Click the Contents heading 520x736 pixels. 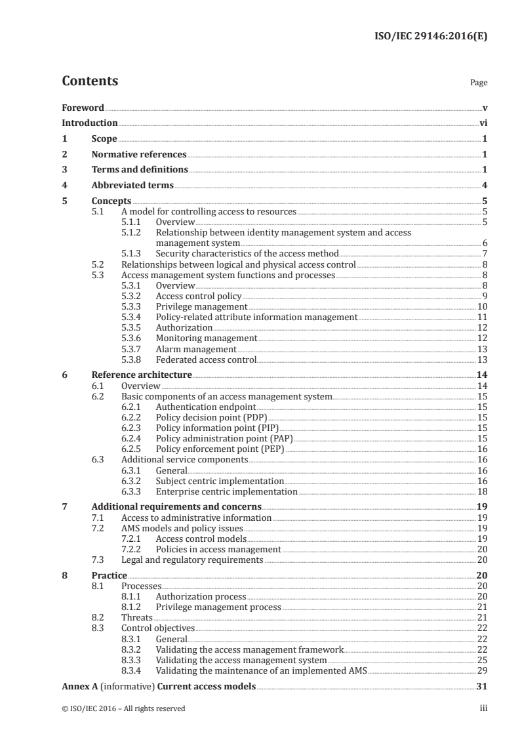coord(90,81)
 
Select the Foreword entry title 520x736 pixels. coord(83,107)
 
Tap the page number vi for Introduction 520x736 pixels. coord(483,123)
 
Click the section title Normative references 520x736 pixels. coord(139,155)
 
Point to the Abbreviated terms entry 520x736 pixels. coord(132,186)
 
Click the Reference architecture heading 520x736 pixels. coord(142,375)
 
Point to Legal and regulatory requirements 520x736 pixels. coord(193,560)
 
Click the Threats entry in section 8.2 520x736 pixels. coord(137,617)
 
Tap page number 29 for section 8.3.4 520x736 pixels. coord(482,670)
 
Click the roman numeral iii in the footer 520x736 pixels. coord(483,708)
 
